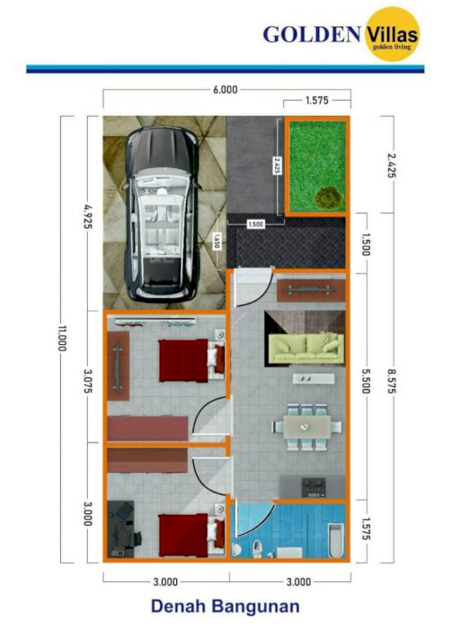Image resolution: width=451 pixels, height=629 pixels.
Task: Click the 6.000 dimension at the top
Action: tap(225, 90)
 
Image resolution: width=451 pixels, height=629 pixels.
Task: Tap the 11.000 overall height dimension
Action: tap(62, 338)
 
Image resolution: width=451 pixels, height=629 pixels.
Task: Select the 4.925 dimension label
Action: tap(88, 217)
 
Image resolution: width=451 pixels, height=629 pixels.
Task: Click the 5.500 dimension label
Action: tap(366, 381)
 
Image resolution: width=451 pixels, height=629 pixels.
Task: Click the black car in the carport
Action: tap(162, 214)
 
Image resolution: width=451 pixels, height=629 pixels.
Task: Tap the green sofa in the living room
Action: tap(306, 349)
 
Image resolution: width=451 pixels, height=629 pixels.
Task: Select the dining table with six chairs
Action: tap(307, 427)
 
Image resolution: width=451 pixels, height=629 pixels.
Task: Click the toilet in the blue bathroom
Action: tap(256, 548)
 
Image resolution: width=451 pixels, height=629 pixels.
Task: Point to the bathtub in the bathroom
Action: tap(336, 540)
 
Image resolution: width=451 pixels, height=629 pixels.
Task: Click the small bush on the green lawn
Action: tap(329, 198)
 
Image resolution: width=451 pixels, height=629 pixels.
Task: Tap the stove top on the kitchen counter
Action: tap(314, 487)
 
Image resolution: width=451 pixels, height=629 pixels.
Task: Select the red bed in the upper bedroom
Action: tap(191, 360)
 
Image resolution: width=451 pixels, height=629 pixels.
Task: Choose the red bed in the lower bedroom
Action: tap(191, 536)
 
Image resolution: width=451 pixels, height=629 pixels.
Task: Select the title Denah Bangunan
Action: tap(225, 607)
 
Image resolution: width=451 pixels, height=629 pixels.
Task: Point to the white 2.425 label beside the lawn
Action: tap(276, 164)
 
